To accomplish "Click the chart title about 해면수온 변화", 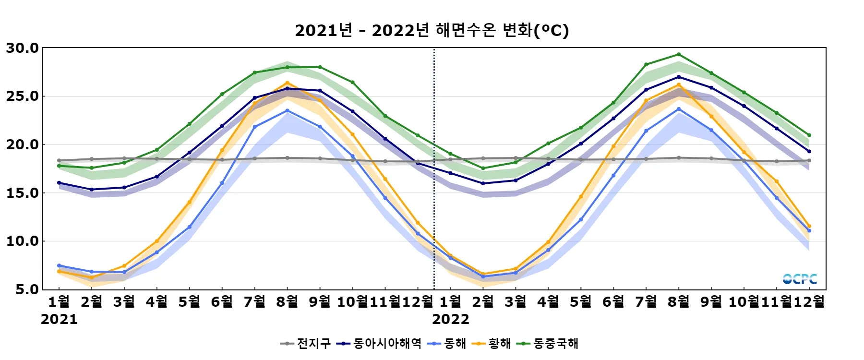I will [x=432, y=30].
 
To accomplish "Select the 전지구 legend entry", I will [x=306, y=343].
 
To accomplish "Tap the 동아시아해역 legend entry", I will [x=379, y=343].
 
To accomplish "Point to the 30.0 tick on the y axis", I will [x=22, y=48].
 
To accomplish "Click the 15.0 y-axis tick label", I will [x=22, y=193].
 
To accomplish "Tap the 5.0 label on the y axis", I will [x=27, y=289].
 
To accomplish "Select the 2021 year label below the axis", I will [x=59, y=319].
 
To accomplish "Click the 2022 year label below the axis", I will [x=451, y=319].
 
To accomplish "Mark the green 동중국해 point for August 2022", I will [x=679, y=54].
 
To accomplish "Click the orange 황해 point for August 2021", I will [x=288, y=83].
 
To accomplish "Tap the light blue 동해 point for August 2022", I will [x=679, y=109].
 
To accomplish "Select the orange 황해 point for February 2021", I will [x=92, y=277].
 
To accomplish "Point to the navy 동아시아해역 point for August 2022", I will [x=679, y=77].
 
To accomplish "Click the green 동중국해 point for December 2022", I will [x=809, y=135].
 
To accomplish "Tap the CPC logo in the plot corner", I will [x=800, y=279].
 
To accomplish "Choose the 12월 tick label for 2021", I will [x=418, y=301].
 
